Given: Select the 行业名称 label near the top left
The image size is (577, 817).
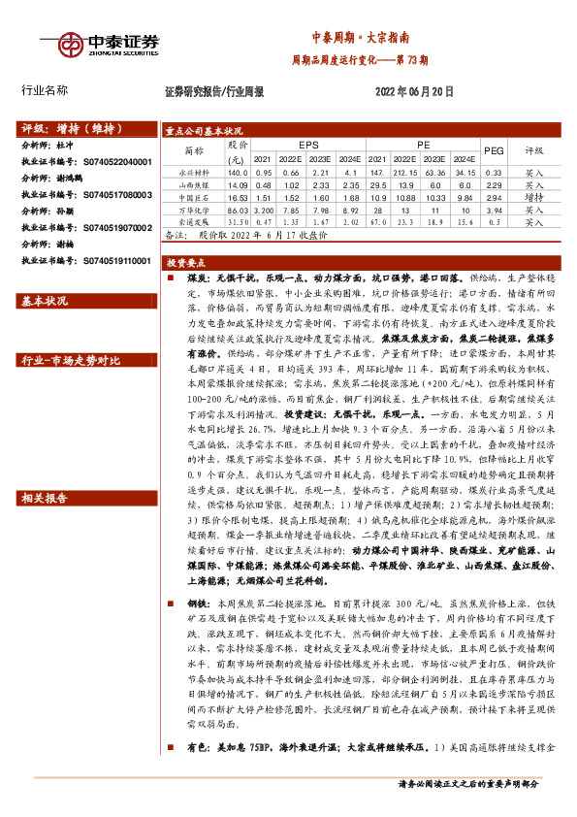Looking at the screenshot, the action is (45, 90).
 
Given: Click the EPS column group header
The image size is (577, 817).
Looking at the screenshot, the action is (295, 143).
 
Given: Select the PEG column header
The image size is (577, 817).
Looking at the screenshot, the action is (494, 149).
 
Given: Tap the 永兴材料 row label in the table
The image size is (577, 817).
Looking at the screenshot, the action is (194, 171).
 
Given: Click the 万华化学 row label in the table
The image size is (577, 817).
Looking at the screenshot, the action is (194, 209).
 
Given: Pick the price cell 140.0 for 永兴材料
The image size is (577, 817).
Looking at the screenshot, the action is (237, 171).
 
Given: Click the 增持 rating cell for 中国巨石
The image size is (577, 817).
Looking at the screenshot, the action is (534, 196).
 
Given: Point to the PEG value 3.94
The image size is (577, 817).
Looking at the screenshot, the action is (494, 209).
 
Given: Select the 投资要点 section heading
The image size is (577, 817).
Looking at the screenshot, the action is (184, 262).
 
